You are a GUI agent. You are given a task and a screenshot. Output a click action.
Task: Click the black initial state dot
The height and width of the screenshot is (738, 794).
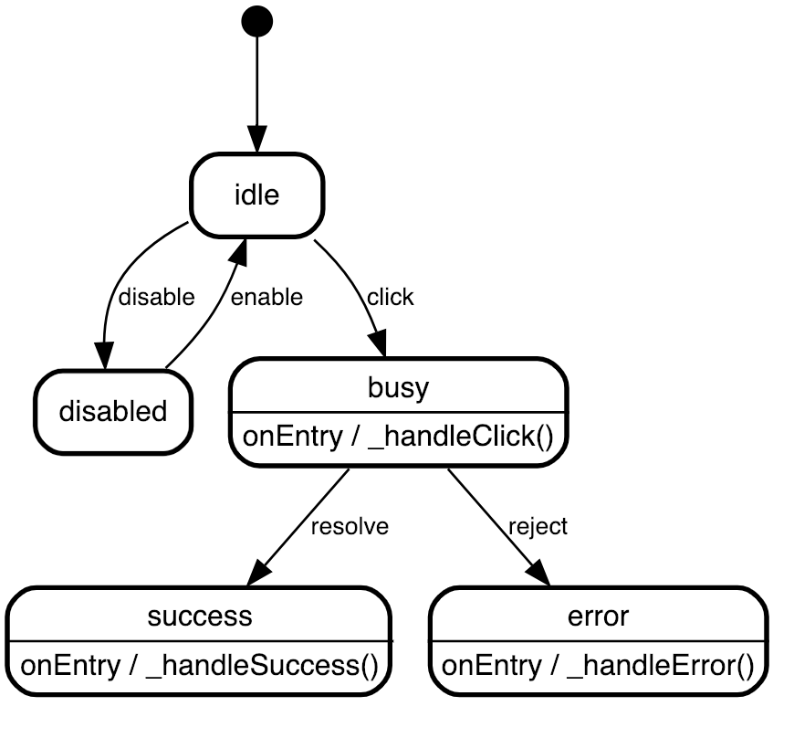tap(257, 20)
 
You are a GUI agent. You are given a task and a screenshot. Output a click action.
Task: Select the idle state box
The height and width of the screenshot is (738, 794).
tap(256, 195)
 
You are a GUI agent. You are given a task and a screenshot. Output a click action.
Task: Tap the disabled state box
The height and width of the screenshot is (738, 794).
tap(113, 411)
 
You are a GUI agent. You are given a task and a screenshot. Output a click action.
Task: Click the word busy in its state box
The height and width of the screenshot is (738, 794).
tap(398, 387)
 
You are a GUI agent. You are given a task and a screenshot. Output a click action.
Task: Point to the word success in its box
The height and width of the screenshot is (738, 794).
tap(199, 616)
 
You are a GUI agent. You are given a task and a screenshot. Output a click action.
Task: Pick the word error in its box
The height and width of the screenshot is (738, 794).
tap(598, 616)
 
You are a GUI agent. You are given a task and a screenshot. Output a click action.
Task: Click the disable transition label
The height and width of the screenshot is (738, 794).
tap(157, 297)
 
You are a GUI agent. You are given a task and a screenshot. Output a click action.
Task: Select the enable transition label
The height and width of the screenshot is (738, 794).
tap(266, 297)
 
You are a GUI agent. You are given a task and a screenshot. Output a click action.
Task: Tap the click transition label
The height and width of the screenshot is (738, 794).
tap(390, 297)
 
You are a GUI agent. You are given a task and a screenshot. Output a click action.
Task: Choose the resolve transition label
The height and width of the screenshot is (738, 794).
tap(350, 527)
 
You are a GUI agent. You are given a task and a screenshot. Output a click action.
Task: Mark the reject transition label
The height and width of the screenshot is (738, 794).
tap(538, 527)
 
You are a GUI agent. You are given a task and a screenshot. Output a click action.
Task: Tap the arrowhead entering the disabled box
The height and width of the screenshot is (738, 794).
tap(106, 357)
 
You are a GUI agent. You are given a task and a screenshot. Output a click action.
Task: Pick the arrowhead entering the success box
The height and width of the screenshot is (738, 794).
tap(259, 573)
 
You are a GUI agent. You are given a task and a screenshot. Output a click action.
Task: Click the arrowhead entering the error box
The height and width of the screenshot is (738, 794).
tap(538, 573)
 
